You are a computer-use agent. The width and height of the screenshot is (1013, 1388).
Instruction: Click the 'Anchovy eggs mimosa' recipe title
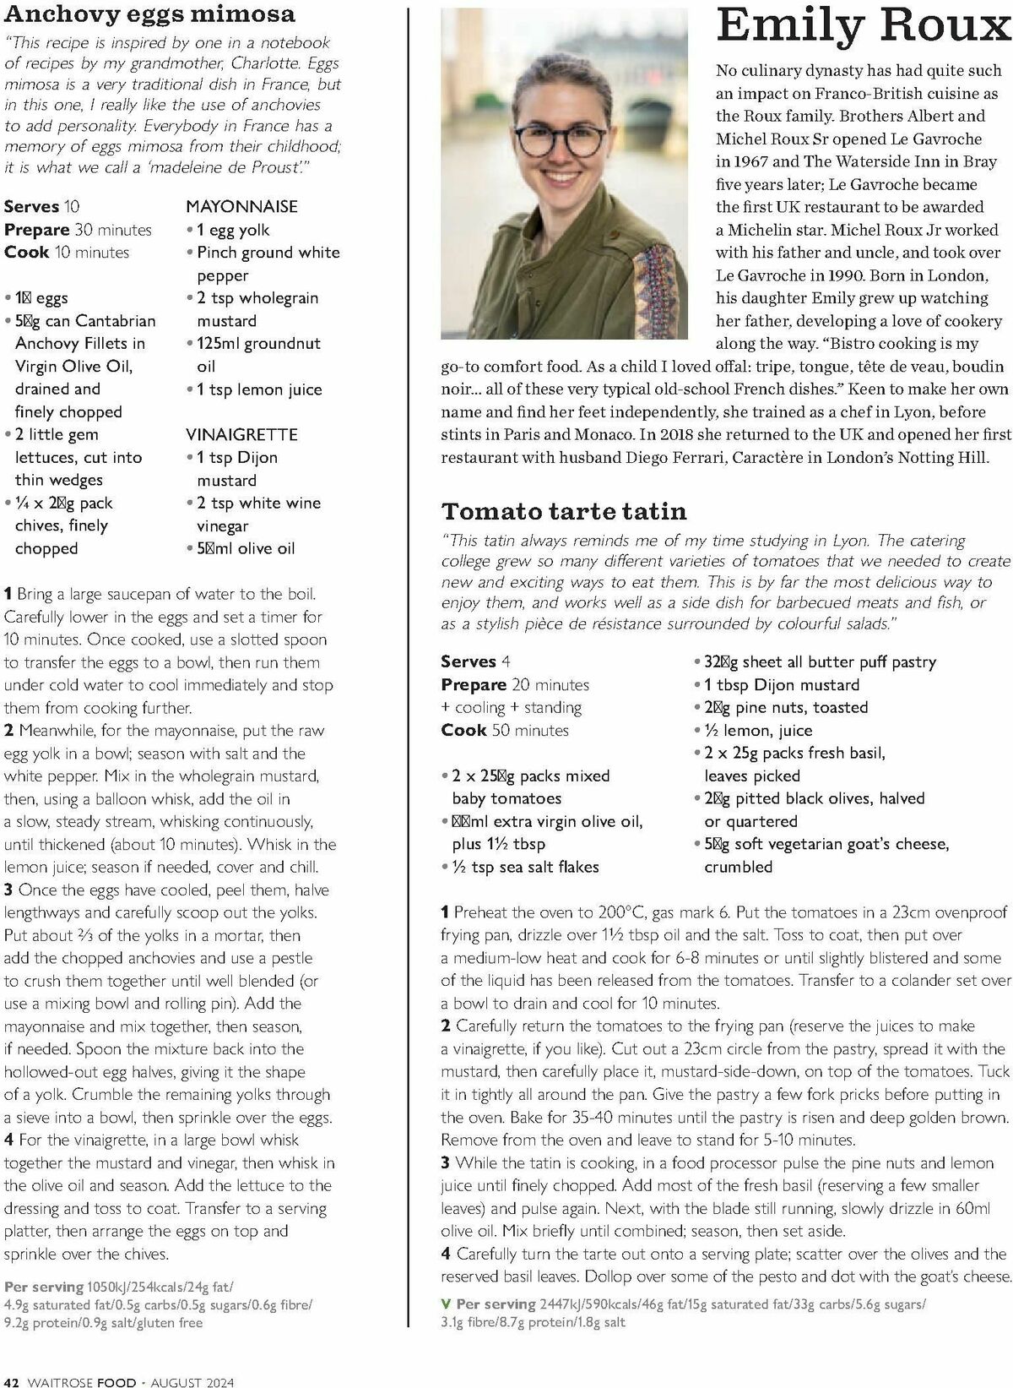pyautogui.click(x=150, y=14)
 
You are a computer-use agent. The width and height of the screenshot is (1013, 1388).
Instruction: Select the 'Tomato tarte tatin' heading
pyautogui.click(x=564, y=511)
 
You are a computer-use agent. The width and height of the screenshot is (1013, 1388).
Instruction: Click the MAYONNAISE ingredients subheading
pyautogui.click(x=241, y=206)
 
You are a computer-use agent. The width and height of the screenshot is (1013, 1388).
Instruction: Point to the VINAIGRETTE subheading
pyautogui.click(x=241, y=434)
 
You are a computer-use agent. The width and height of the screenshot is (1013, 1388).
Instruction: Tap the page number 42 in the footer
pyautogui.click(x=12, y=1382)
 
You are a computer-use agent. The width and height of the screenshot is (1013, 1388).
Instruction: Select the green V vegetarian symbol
pyautogui.click(x=446, y=1304)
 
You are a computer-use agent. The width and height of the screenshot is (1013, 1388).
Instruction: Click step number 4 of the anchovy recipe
pyautogui.click(x=8, y=1140)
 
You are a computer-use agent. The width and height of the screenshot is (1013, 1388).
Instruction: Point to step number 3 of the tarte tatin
pyautogui.click(x=445, y=1162)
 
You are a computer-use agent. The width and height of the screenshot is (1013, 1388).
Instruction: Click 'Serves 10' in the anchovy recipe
pyautogui.click(x=42, y=206)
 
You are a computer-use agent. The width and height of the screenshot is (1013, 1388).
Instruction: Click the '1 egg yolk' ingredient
pyautogui.click(x=233, y=230)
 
